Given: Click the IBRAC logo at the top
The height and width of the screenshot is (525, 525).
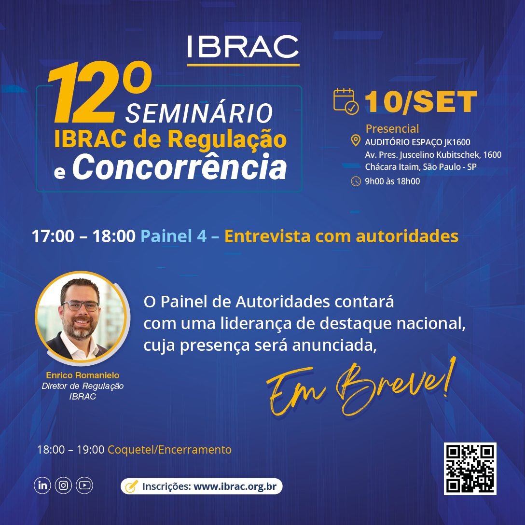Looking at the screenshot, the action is [x=243, y=50].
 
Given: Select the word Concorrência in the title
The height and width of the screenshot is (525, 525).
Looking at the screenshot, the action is [x=180, y=166].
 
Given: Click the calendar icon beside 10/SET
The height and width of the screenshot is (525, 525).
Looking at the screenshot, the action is [x=346, y=101].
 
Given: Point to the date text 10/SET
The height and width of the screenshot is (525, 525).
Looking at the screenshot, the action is [x=421, y=102].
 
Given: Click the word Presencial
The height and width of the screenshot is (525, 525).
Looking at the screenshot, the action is [x=392, y=128].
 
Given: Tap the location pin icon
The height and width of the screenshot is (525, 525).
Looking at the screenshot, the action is [x=355, y=140].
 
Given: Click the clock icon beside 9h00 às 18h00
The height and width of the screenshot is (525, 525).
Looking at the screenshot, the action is [x=356, y=181].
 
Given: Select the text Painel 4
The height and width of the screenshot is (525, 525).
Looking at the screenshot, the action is [x=173, y=236].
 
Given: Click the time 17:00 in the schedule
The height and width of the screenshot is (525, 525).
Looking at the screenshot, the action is [x=53, y=236].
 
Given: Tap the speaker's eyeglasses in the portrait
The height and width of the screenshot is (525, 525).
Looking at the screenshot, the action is [x=80, y=305].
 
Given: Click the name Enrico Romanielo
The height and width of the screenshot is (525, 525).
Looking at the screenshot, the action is [x=83, y=375].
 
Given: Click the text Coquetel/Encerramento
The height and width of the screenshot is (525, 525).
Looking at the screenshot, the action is [x=169, y=449].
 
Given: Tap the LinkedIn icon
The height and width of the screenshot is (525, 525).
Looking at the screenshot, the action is [x=42, y=485].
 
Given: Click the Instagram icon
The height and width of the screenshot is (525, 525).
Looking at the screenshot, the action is [x=63, y=485].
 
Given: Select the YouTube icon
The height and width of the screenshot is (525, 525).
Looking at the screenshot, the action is [x=84, y=485].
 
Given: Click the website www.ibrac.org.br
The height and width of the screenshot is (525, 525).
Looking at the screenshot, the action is [x=235, y=486].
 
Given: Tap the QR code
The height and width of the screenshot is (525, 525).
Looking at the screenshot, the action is [x=470, y=469].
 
